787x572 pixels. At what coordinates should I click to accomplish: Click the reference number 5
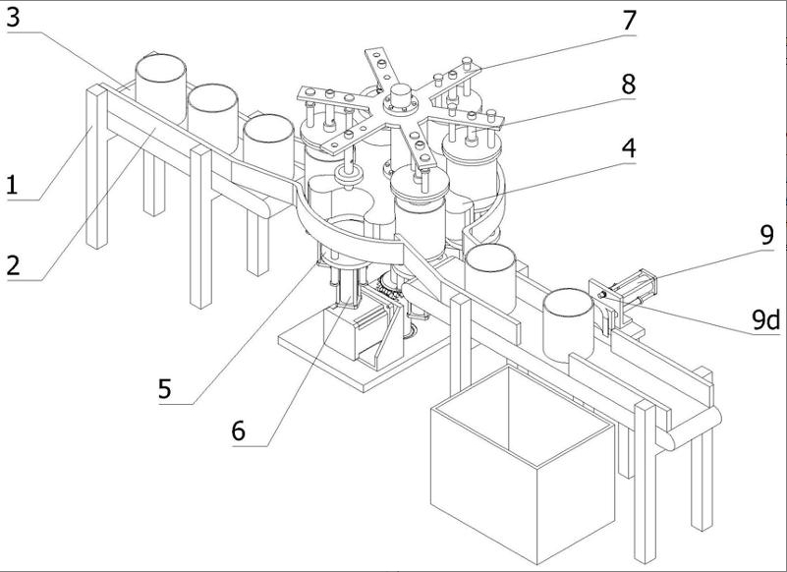click(165, 388)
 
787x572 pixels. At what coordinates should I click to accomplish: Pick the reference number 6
click(239, 429)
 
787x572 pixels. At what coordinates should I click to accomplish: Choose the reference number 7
click(627, 19)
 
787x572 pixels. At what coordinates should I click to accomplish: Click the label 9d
click(764, 318)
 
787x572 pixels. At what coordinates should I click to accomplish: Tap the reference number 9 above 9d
click(765, 236)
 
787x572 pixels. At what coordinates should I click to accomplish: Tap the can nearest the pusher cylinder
click(569, 322)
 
